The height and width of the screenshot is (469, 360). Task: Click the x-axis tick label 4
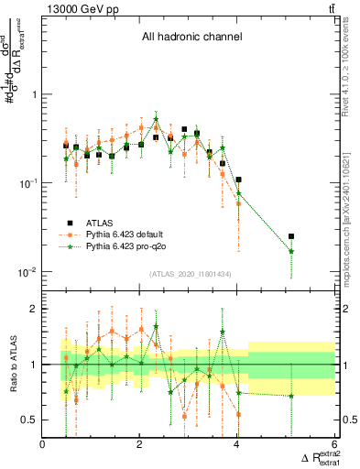pos(237,445)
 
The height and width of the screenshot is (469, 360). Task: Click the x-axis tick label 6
pos(334,445)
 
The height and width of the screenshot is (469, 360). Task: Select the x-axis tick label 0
pos(43,445)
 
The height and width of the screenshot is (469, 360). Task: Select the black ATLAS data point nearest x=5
pos(291,236)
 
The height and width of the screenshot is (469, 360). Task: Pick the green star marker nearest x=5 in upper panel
pos(291,251)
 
